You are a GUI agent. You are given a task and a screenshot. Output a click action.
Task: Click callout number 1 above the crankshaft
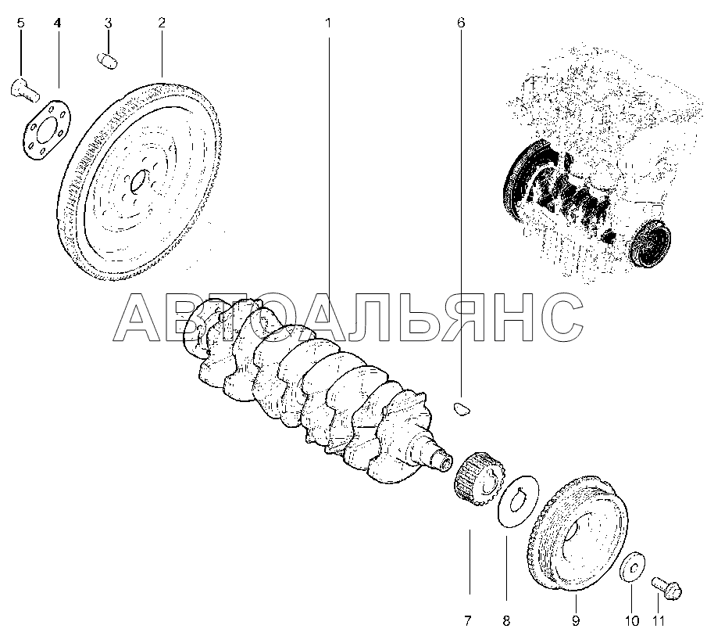click(x=328, y=23)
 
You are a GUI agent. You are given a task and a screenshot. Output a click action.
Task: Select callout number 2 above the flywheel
click(x=162, y=23)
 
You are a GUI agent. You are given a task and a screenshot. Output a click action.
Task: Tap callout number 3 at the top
click(x=109, y=23)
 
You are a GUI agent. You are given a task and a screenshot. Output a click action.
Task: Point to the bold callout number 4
click(x=57, y=23)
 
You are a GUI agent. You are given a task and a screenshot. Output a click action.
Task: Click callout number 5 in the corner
click(x=21, y=23)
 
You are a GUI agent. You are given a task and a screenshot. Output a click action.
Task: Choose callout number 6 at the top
click(x=461, y=23)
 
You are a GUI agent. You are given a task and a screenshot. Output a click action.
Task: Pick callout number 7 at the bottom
click(x=468, y=621)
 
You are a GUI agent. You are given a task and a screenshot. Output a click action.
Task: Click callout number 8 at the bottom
click(x=506, y=621)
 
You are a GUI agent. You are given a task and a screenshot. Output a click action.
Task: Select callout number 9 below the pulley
click(x=576, y=621)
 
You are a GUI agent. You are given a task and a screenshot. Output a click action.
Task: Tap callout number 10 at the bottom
click(x=632, y=621)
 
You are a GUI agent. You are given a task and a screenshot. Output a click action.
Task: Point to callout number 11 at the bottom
click(x=659, y=621)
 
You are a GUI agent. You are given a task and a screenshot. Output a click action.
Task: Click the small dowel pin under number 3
click(x=108, y=61)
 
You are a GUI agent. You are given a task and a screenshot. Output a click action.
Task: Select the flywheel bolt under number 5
click(x=24, y=89)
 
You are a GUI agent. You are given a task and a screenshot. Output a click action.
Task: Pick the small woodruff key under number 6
click(x=461, y=408)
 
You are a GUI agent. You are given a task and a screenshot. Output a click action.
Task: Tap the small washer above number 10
click(x=632, y=566)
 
